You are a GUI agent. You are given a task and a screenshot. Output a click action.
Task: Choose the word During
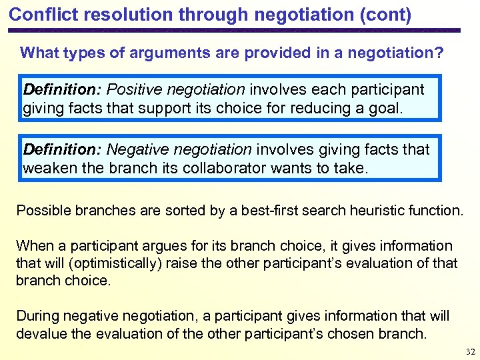coord(38,315)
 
